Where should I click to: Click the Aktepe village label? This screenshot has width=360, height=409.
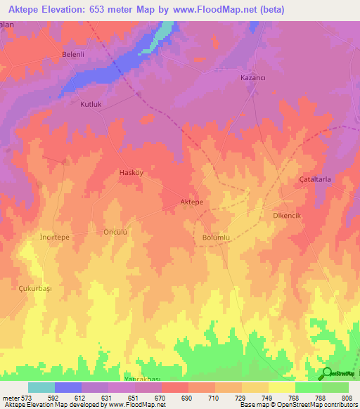pyautogui.click(x=192, y=202)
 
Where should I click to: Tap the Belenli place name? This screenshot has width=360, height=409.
pyautogui.click(x=73, y=54)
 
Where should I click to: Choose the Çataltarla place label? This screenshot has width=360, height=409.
pyautogui.click(x=316, y=180)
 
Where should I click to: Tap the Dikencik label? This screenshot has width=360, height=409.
pyautogui.click(x=296, y=216)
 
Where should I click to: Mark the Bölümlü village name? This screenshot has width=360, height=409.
pyautogui.click(x=216, y=238)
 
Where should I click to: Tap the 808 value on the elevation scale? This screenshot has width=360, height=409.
pyautogui.click(x=348, y=398)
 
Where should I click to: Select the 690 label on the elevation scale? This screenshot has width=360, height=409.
pyautogui.click(x=187, y=398)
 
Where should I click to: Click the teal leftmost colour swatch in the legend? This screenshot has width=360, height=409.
pyautogui.click(x=41, y=387)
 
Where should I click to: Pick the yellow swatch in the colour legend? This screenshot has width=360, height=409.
pyautogui.click(x=281, y=387)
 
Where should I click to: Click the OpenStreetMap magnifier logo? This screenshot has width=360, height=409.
pyautogui.click(x=326, y=373)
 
